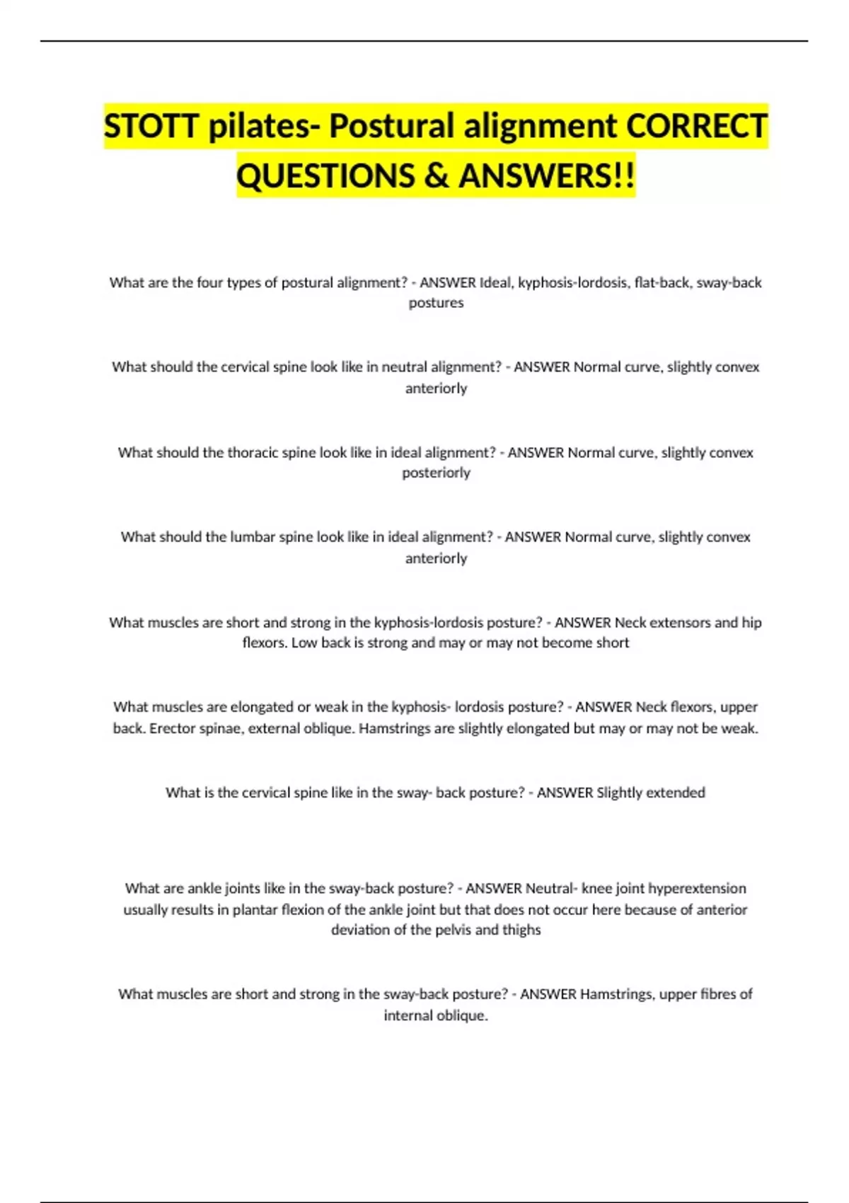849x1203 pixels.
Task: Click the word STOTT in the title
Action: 151,126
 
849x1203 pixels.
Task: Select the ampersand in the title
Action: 436,175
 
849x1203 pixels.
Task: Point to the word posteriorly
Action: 436,473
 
